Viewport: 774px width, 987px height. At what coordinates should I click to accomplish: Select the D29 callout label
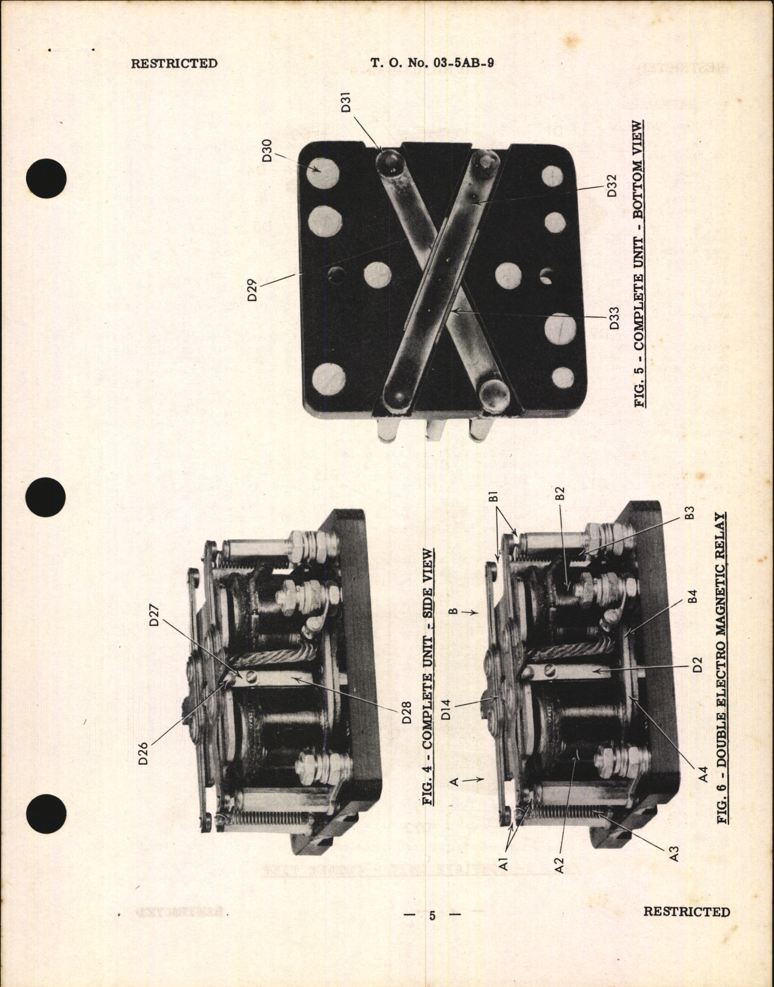pos(254,290)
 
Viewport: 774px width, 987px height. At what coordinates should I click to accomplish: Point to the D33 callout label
pos(614,317)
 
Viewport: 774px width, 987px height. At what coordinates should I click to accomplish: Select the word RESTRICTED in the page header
pos(175,63)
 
